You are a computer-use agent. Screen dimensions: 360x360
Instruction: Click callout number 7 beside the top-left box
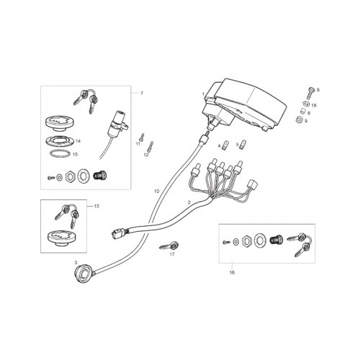point(142,93)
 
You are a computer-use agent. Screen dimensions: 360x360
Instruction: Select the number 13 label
point(96,206)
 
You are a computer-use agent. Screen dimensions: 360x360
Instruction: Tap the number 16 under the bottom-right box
point(232,272)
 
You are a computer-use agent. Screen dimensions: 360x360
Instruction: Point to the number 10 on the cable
point(156,192)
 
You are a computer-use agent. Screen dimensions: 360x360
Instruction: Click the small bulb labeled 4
point(225,145)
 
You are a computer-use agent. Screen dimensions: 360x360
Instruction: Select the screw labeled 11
point(142,137)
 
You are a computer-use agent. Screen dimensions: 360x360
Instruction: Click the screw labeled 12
point(150,146)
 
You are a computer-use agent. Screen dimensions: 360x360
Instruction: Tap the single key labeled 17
point(169,246)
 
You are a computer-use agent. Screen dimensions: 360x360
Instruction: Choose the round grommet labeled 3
point(83,273)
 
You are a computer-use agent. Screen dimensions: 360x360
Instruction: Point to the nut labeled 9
point(300,119)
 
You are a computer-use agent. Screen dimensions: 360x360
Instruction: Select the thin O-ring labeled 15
point(60,153)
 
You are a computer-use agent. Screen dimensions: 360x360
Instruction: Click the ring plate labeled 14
point(60,140)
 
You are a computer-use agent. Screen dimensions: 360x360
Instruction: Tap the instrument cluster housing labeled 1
point(245,103)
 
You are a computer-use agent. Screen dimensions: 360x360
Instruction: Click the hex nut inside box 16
point(247,240)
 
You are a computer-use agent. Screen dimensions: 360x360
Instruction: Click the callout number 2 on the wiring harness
point(189,202)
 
